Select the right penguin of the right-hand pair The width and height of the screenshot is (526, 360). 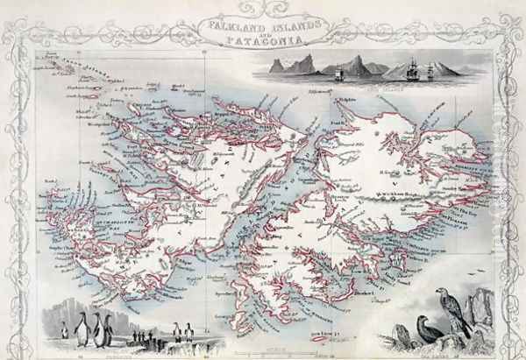pyautogui.click(x=188, y=331)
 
